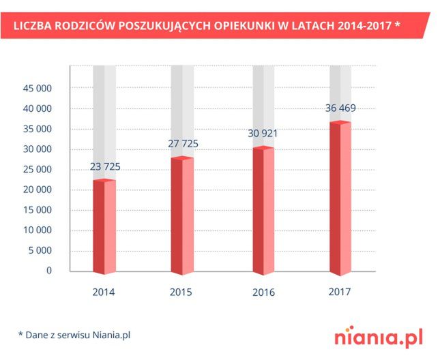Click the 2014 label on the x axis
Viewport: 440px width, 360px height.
tap(104, 292)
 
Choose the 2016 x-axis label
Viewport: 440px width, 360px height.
tap(263, 292)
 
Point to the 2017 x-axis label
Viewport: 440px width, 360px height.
tap(339, 292)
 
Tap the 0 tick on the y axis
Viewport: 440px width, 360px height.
tap(49, 271)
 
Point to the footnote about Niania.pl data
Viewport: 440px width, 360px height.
tap(74, 335)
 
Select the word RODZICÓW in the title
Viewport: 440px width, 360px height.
tap(89, 26)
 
